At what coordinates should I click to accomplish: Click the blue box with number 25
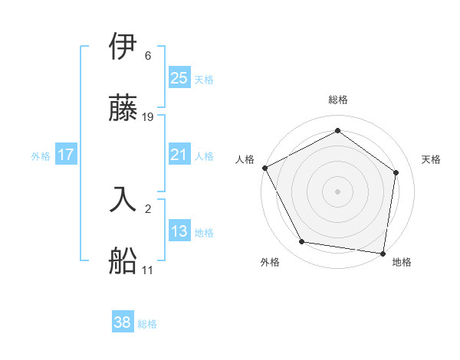(x=179, y=77)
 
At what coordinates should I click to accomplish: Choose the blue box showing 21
(x=179, y=155)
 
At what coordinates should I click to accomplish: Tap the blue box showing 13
(x=179, y=231)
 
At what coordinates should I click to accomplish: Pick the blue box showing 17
(x=66, y=155)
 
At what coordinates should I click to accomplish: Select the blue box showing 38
(x=123, y=322)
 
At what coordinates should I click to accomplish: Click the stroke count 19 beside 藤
(x=149, y=117)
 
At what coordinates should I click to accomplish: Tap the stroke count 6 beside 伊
(x=148, y=56)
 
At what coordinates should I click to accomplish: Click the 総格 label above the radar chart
(x=338, y=100)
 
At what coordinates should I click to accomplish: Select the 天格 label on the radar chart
(x=431, y=159)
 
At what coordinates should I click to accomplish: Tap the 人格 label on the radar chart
(x=245, y=159)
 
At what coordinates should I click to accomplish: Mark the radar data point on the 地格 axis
(x=383, y=253)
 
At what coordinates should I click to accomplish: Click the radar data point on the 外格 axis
(x=302, y=242)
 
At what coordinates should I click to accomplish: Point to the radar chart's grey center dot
(x=338, y=191)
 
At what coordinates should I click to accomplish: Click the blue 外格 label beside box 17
(x=41, y=155)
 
